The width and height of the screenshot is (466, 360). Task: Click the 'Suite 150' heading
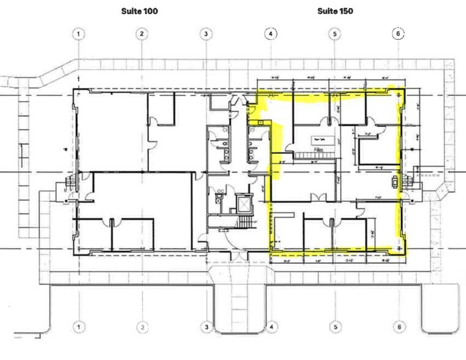[335, 11]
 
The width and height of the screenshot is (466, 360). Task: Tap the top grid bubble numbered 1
[78, 34]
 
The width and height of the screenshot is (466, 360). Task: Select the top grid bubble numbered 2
[141, 34]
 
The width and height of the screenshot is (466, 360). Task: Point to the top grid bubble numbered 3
[207, 34]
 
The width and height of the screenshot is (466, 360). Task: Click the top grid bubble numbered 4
[271, 34]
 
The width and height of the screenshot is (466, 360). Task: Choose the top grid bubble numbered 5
[334, 34]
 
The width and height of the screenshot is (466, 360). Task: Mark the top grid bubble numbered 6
[398, 34]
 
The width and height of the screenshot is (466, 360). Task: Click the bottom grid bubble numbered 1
[78, 326]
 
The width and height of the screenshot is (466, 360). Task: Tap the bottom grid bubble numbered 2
[141, 326]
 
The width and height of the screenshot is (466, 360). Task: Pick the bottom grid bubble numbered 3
[207, 328]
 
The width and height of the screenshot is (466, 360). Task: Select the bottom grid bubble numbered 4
[271, 326]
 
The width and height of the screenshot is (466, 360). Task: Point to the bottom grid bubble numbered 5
[334, 326]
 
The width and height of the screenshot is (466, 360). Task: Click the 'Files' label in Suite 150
[318, 149]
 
